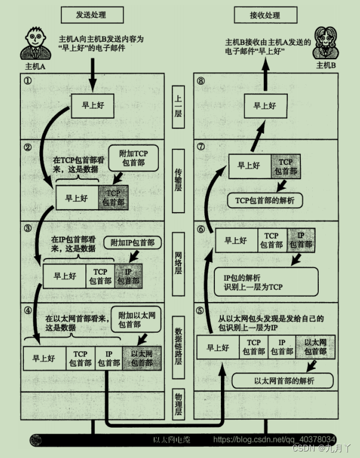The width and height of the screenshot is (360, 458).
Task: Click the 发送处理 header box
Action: tap(92, 14)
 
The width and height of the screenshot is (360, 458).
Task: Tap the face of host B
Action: tap(327, 41)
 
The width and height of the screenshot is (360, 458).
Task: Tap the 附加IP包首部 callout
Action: tap(133, 243)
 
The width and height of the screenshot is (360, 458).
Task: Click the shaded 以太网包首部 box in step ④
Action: tap(141, 358)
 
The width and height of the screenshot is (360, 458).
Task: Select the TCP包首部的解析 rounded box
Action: tap(264, 200)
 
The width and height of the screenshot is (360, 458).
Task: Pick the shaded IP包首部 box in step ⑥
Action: tap(300, 240)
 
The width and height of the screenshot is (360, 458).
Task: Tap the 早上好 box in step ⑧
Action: tap(264, 106)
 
